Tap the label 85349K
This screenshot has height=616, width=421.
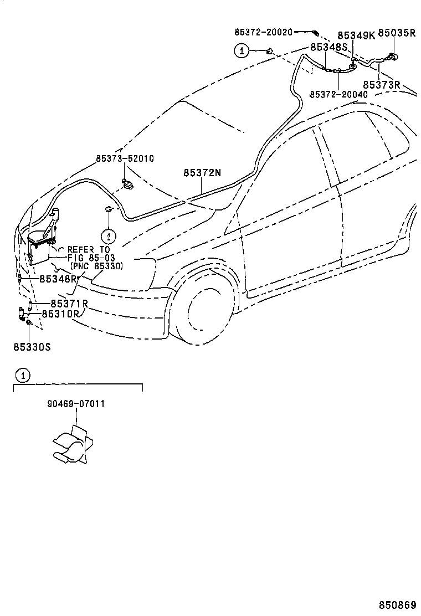356,35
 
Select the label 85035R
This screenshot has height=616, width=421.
397,33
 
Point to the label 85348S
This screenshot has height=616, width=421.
328,48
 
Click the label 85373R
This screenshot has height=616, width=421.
381,85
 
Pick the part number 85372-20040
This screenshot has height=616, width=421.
338,95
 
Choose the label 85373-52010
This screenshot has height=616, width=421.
125,158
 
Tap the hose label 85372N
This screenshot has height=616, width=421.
202,173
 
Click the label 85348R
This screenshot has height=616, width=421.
58,278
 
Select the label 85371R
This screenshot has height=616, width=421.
69,304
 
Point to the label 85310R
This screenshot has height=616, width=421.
61,314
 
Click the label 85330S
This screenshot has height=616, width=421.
32,347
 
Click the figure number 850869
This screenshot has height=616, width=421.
397,605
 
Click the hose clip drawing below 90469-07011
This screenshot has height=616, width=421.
70,444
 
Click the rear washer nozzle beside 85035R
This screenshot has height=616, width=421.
392,56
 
